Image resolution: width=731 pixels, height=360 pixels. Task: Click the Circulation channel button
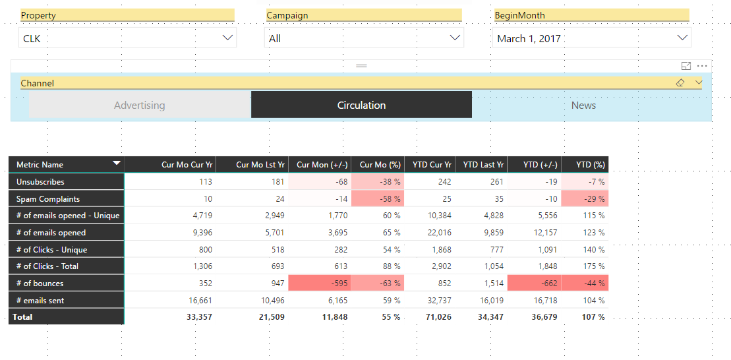361,105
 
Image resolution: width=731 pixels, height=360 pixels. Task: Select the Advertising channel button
140,105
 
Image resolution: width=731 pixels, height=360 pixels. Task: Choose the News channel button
584,105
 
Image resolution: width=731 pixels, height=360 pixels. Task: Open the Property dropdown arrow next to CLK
227,38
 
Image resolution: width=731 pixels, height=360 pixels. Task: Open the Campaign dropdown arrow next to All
455,38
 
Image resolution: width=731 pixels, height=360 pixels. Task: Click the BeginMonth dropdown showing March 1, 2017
592,38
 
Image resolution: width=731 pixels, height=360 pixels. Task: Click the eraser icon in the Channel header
681,82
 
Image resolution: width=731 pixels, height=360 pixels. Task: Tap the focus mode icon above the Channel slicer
686,66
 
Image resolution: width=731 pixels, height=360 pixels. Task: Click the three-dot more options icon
702,66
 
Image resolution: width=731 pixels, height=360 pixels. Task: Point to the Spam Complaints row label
48,198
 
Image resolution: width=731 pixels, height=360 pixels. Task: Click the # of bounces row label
40,283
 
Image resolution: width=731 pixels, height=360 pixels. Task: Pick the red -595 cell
320,283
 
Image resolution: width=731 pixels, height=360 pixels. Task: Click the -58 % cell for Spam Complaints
378,198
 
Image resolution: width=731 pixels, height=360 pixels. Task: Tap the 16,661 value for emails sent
200,300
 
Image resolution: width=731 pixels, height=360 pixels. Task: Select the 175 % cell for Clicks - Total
594,266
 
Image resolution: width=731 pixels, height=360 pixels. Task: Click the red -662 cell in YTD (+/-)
535,283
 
